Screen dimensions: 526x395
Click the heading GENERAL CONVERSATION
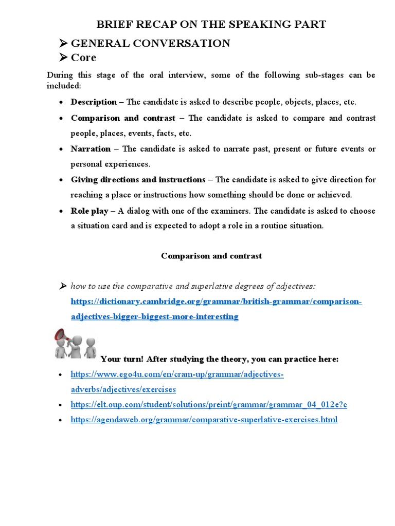(x=150, y=43)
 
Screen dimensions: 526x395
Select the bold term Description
(x=94, y=102)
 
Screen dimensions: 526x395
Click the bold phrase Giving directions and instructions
(x=138, y=179)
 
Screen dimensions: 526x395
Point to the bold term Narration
(x=91, y=148)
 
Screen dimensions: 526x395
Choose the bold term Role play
(x=89, y=211)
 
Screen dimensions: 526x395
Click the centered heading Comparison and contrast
(x=211, y=256)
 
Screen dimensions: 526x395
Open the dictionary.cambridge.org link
(x=216, y=302)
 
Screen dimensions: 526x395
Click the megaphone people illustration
(x=75, y=344)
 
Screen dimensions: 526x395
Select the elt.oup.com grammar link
(x=209, y=405)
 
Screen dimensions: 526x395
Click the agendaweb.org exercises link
(x=204, y=420)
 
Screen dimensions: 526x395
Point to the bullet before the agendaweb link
(x=61, y=420)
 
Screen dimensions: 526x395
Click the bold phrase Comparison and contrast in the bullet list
(x=123, y=118)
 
